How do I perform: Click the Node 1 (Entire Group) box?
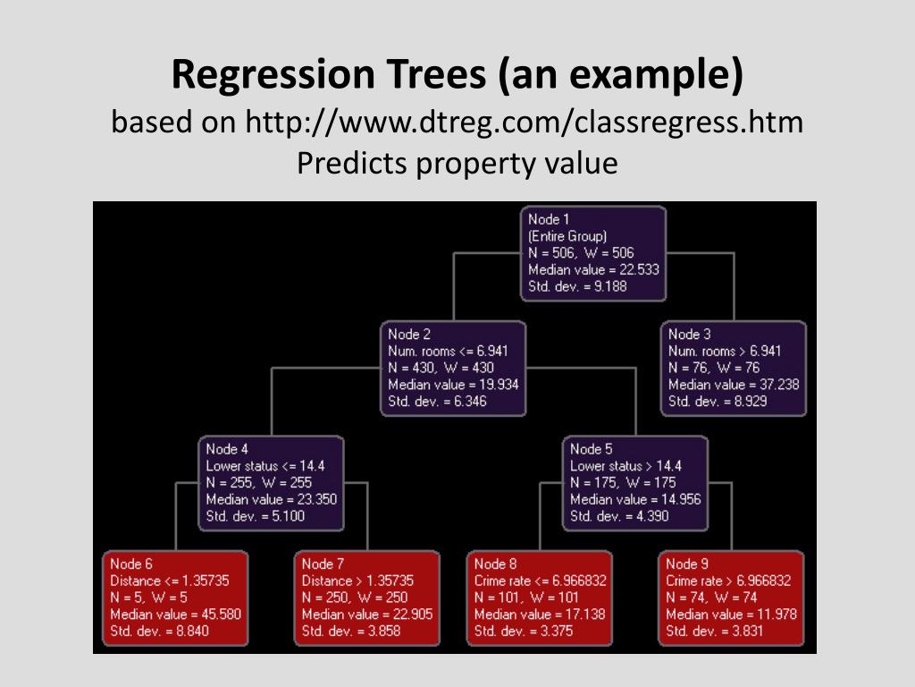593,253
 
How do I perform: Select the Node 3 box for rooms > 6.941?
734,369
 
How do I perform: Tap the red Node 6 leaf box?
175,598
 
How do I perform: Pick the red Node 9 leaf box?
732,598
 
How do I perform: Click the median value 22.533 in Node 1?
594,270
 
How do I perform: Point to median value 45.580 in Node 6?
176,615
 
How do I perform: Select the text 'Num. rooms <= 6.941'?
448,352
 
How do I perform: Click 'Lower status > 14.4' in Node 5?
626,466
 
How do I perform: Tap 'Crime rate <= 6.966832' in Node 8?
541,581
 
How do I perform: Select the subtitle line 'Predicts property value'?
457,164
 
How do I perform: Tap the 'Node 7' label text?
323,564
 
